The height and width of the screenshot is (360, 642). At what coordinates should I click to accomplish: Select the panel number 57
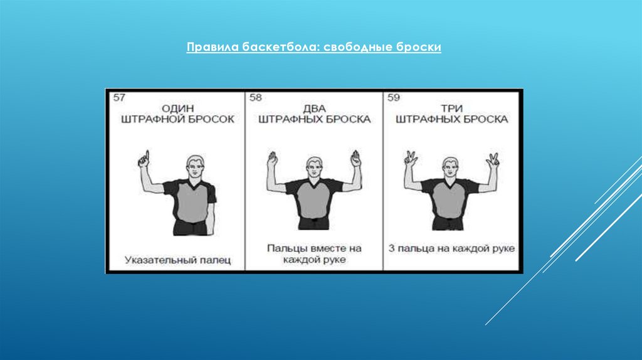pyautogui.click(x=119, y=97)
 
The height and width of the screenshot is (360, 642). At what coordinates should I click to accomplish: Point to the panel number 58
pyautogui.click(x=256, y=97)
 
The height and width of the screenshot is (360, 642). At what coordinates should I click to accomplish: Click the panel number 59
pyautogui.click(x=394, y=97)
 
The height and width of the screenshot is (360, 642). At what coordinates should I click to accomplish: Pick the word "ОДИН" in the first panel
pyautogui.click(x=177, y=109)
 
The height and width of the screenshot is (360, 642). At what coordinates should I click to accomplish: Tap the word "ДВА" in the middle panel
pyautogui.click(x=315, y=109)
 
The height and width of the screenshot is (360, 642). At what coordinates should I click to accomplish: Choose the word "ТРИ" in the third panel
pyautogui.click(x=451, y=109)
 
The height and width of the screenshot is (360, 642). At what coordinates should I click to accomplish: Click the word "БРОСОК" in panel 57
pyautogui.click(x=212, y=119)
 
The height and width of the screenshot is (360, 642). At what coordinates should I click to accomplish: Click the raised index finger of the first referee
pyautogui.click(x=147, y=156)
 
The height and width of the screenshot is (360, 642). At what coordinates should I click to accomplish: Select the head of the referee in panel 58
pyautogui.click(x=315, y=168)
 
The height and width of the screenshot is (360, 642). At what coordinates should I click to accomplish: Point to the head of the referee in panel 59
pyautogui.click(x=450, y=168)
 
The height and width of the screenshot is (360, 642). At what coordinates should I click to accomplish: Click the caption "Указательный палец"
pyautogui.click(x=177, y=260)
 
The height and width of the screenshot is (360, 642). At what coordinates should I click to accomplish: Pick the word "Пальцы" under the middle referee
pyautogui.click(x=287, y=248)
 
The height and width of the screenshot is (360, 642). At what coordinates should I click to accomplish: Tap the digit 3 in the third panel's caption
pyautogui.click(x=391, y=248)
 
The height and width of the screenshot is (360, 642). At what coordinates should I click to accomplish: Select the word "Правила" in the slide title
pyautogui.click(x=213, y=47)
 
